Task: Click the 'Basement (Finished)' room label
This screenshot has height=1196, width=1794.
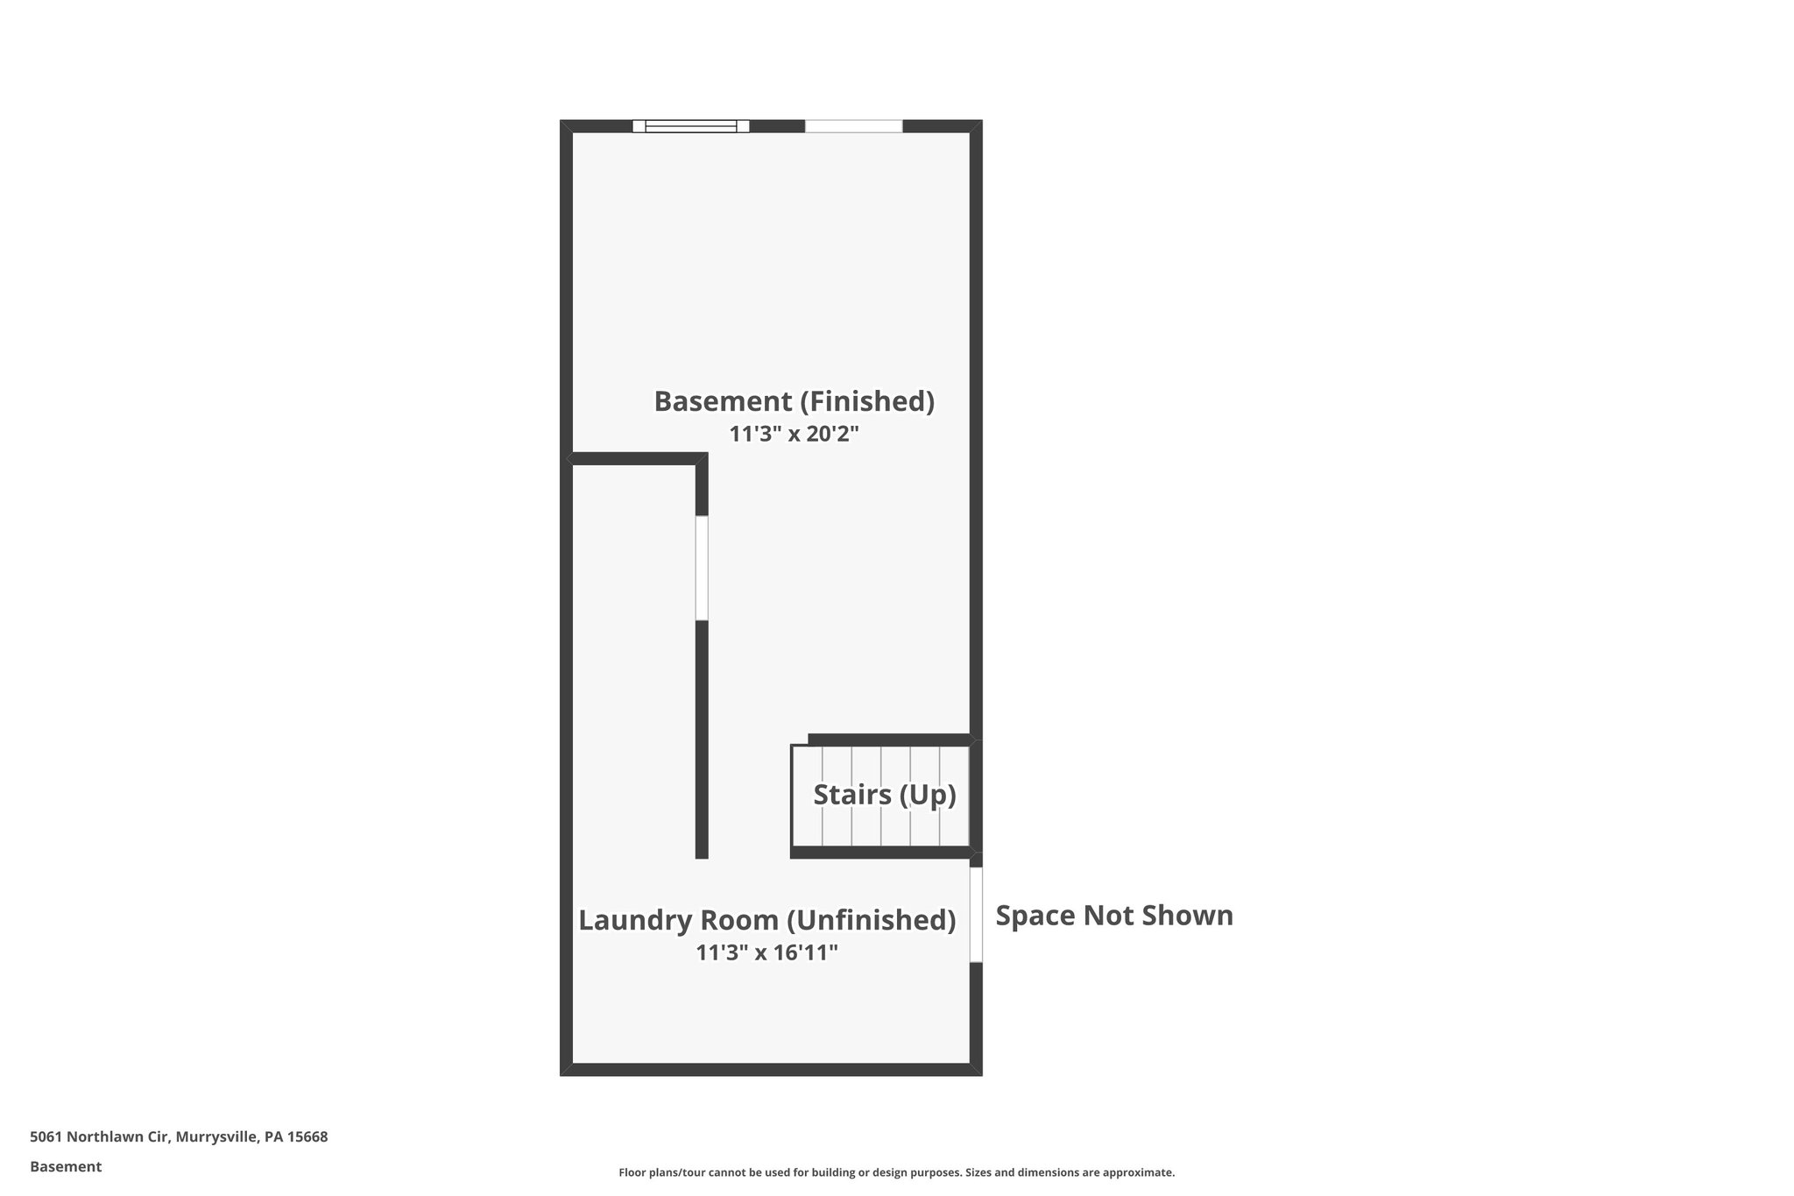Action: tap(794, 401)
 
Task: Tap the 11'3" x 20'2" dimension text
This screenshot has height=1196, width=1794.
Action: tap(794, 434)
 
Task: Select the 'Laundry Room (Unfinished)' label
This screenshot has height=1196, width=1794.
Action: tap(766, 920)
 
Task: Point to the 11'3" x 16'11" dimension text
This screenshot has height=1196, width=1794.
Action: tap(766, 952)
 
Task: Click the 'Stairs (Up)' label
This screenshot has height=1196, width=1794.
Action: tap(884, 795)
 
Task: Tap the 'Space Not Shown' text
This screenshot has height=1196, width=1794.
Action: tap(1114, 916)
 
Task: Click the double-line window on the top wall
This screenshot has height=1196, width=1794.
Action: tap(690, 126)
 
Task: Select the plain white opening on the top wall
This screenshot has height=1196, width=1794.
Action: tap(853, 126)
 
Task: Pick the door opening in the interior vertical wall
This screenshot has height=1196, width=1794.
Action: tap(702, 568)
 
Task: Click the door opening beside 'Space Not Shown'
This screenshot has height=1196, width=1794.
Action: tap(976, 915)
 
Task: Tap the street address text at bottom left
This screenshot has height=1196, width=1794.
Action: tap(179, 1137)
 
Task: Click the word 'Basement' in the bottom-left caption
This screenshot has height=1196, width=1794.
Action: tap(66, 1167)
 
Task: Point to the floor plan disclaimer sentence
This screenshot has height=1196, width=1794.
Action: tap(896, 1172)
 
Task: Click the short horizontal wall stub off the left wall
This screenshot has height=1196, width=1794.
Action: tap(634, 459)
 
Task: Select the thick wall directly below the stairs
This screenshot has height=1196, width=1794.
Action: tap(880, 853)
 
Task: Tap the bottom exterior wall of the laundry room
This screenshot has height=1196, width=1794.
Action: tap(771, 1069)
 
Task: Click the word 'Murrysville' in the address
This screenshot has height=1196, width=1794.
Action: tap(216, 1137)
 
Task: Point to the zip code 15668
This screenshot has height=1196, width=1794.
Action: tap(307, 1137)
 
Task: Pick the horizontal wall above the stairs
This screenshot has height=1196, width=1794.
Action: tap(888, 740)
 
